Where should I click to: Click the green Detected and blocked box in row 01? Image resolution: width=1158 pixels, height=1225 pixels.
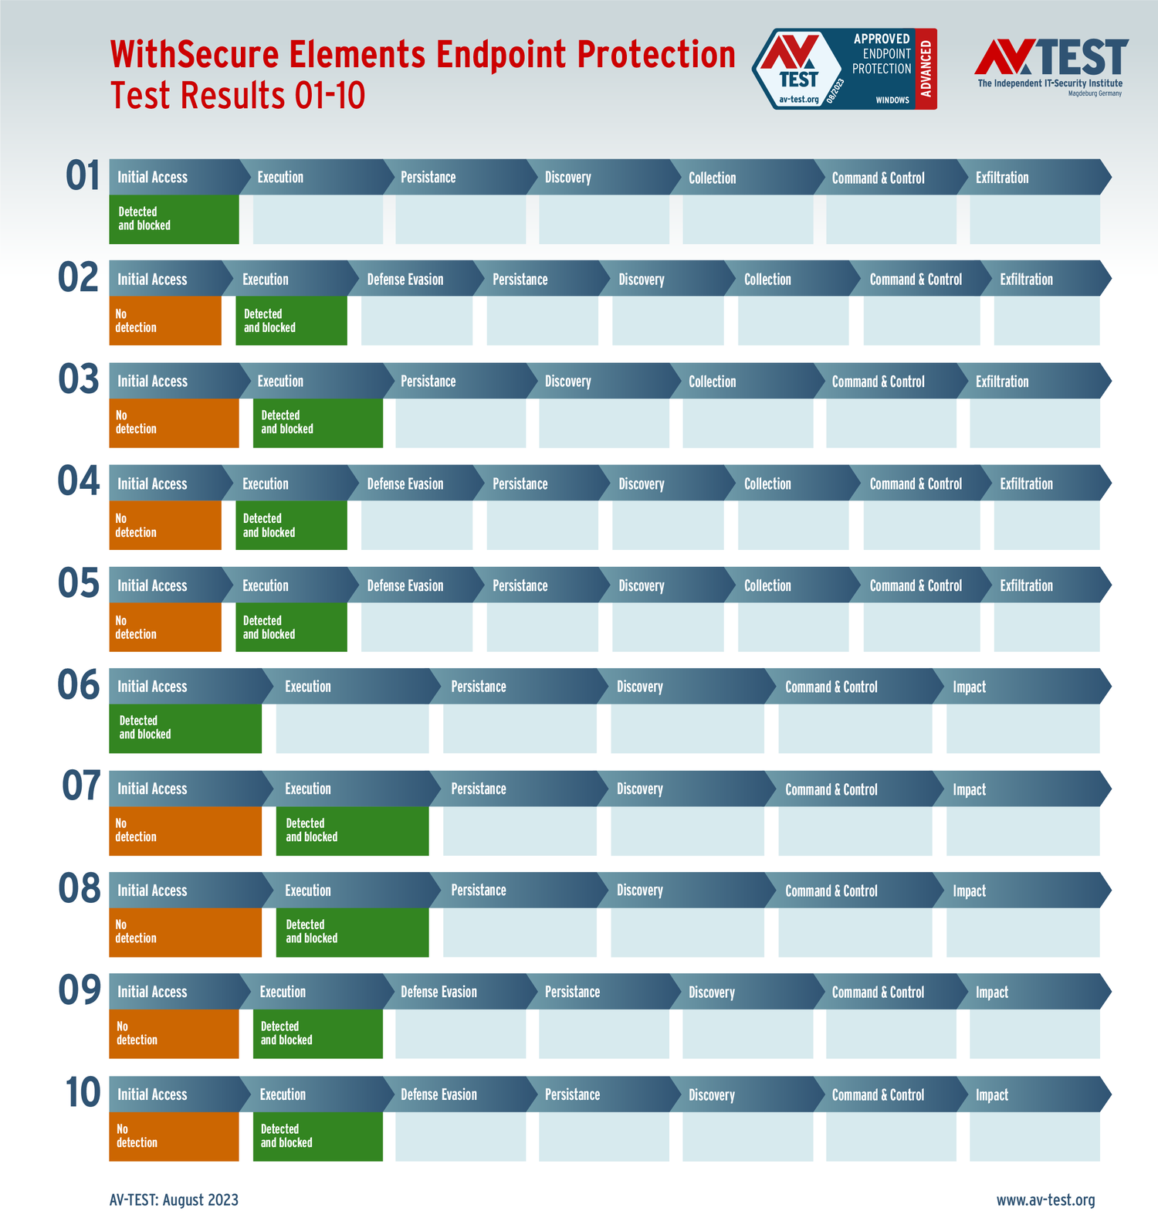[174, 219]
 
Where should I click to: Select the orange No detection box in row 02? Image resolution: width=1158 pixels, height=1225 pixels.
[164, 321]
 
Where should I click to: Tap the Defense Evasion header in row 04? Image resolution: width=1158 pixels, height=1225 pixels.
[405, 484]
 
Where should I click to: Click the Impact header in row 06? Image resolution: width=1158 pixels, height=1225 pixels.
[970, 687]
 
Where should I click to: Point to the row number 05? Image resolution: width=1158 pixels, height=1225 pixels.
[78, 583]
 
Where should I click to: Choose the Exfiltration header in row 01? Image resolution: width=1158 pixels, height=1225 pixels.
[1002, 178]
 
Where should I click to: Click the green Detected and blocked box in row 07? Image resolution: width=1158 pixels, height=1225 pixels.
[352, 830]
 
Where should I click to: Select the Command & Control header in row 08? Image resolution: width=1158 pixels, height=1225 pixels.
[831, 891]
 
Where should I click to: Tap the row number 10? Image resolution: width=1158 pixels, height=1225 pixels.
[83, 1093]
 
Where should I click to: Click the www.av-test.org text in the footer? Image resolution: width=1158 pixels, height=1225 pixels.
[1045, 1200]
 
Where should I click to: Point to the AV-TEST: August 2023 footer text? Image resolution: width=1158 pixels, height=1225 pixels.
[174, 1200]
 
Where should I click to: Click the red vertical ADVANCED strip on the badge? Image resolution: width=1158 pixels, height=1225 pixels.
[926, 69]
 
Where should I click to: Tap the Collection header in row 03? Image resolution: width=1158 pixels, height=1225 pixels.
[712, 382]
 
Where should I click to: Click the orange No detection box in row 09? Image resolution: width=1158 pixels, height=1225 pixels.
[174, 1033]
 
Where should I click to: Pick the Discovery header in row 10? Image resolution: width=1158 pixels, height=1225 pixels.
[711, 1094]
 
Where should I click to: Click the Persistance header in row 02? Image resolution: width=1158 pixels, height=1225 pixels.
[520, 280]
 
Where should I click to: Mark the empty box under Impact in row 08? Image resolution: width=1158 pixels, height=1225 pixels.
[1023, 932]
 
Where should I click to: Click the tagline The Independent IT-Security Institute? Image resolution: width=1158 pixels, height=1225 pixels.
[1050, 83]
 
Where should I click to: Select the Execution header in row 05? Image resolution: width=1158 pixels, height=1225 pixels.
[265, 585]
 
